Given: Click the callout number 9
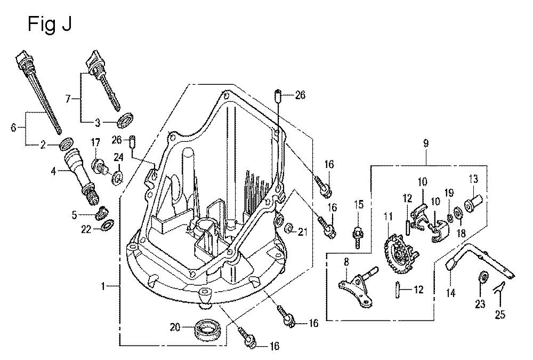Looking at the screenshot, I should (426, 143).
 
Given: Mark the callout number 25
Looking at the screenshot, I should (499, 315).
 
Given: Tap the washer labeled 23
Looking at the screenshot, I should (483, 277).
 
